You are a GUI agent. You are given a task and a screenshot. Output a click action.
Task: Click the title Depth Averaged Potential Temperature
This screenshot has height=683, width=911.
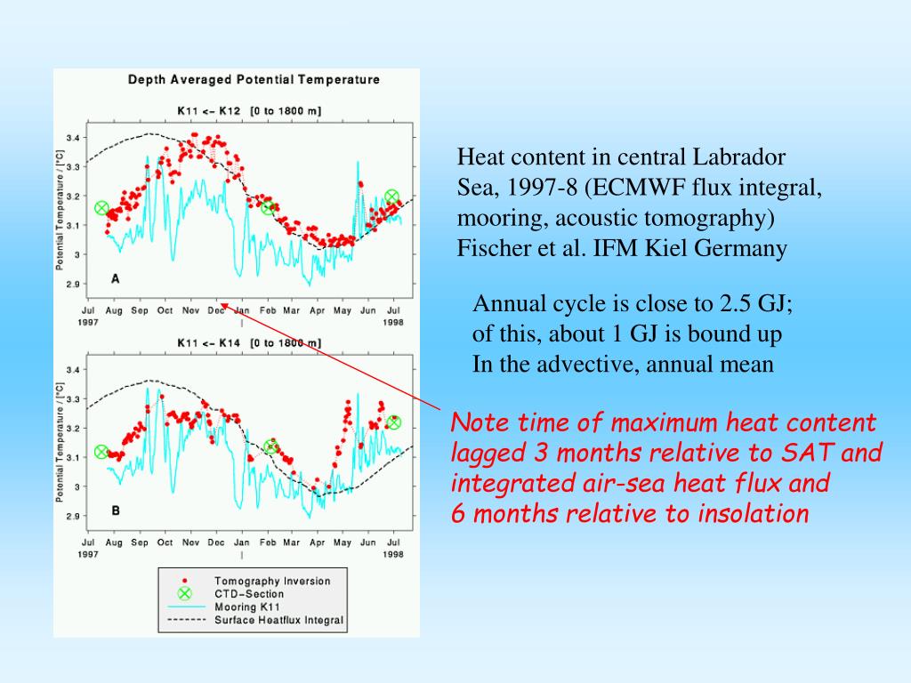[254, 79]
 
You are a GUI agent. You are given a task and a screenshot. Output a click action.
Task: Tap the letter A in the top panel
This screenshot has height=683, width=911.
[115, 278]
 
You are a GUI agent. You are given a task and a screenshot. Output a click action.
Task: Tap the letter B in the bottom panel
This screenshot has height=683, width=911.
[115, 510]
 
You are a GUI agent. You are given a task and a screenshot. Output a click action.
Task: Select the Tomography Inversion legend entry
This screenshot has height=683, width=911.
[271, 581]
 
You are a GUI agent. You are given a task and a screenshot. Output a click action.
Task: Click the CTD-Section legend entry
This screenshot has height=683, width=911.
[249, 594]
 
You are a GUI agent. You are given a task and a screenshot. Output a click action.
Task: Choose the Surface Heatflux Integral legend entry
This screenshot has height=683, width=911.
[278, 621]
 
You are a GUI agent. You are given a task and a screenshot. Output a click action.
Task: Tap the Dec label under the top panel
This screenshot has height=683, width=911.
[216, 310]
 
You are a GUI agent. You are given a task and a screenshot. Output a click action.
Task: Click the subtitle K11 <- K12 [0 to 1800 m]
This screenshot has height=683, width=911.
[249, 111]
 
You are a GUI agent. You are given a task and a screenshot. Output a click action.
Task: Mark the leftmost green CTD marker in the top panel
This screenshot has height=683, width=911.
[101, 208]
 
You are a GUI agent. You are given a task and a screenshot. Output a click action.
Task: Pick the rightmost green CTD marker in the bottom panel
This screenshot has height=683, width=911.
[393, 422]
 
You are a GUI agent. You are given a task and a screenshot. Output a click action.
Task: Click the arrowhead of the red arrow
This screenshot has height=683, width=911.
[223, 304]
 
